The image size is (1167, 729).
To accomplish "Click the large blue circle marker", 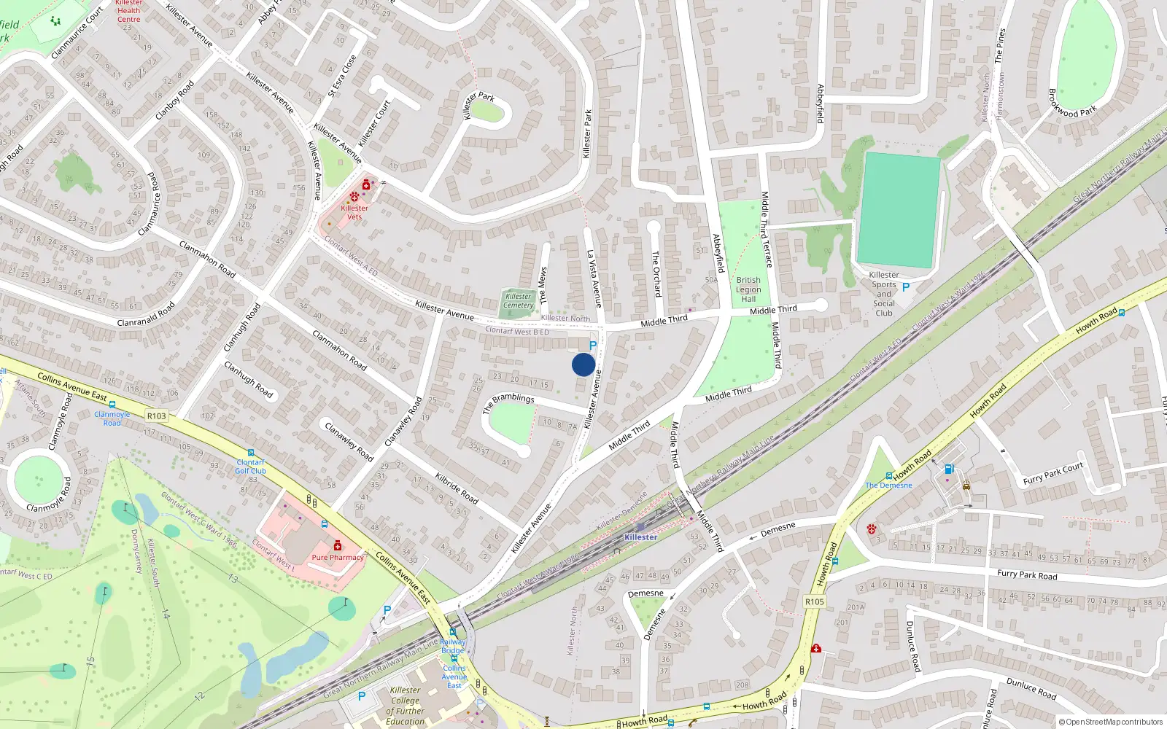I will (583, 364).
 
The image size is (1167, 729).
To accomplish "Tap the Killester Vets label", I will (354, 212).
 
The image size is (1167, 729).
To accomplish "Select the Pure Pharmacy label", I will (338, 557).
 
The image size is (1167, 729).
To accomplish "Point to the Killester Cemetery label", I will (519, 300).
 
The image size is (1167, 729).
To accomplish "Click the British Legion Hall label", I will (748, 289).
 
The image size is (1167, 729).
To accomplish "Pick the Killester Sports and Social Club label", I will (884, 294).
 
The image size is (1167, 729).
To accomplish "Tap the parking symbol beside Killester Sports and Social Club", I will (906, 287).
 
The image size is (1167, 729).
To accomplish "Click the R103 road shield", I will (157, 416).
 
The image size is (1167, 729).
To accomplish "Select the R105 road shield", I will (815, 601).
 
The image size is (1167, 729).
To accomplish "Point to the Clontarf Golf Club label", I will (251, 467).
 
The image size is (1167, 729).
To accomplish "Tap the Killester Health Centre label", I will (129, 11).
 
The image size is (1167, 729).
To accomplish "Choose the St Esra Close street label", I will (342, 76).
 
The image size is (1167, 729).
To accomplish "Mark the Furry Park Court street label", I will (1052, 474).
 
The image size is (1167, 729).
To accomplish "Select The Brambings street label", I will (508, 403).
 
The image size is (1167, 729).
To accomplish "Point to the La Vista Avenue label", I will (594, 278).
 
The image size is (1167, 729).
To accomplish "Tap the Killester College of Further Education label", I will (406, 706).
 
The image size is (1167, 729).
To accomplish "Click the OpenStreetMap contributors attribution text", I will (1111, 722).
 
